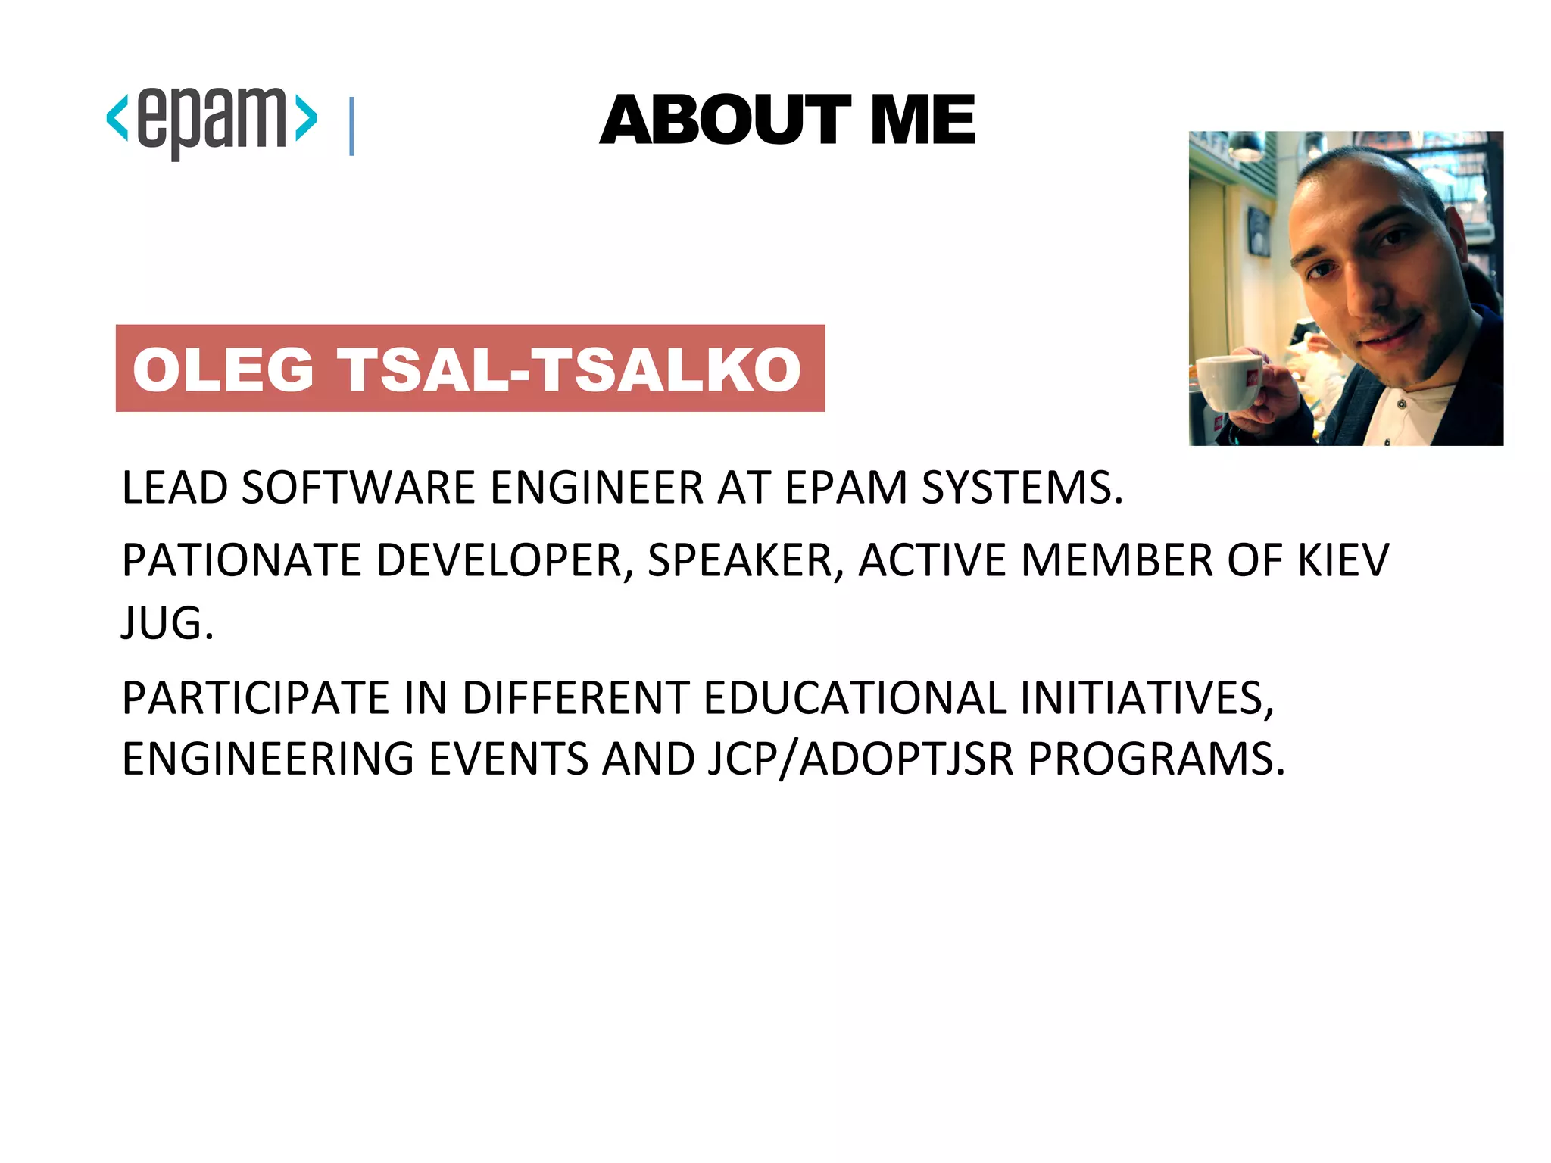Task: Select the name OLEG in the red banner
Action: [x=223, y=369]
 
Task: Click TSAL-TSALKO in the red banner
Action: [x=570, y=369]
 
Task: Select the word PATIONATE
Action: [x=242, y=560]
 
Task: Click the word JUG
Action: [x=167, y=623]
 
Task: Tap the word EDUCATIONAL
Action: [x=855, y=697]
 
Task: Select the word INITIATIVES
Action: [x=1147, y=697]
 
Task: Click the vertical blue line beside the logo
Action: [x=351, y=126]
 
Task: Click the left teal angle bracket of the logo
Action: [x=117, y=117]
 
